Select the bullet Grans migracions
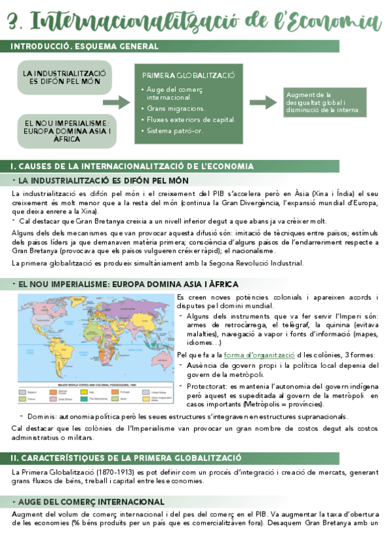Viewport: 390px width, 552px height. click(176, 108)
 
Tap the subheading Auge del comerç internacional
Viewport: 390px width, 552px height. click(91, 502)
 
